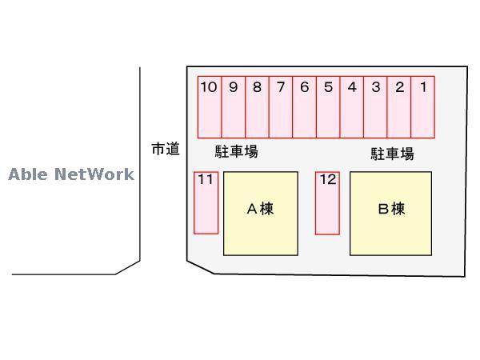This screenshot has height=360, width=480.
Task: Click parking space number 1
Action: [422, 107]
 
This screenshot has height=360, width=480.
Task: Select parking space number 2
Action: [399, 107]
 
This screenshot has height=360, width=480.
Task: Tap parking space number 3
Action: [375, 107]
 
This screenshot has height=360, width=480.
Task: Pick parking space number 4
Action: [352, 107]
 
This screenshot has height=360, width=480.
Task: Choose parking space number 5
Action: [328, 107]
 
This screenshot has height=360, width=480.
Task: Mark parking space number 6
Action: [304, 107]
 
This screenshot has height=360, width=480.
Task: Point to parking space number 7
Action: [281, 107]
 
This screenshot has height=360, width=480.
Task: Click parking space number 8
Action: [257, 107]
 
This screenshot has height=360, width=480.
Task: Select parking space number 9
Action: [234, 107]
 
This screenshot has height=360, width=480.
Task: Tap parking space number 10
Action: [210, 107]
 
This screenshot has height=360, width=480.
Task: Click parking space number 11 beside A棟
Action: [206, 202]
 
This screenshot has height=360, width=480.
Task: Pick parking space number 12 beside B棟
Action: [327, 203]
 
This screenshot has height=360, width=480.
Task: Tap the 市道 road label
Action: [166, 149]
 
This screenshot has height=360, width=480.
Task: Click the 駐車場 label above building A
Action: [236, 150]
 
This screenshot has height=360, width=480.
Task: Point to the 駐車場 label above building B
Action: [392, 154]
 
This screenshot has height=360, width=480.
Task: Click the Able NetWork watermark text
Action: [71, 174]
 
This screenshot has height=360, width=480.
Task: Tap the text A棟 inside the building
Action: [260, 209]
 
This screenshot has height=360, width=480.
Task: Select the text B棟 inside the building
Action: [391, 210]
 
